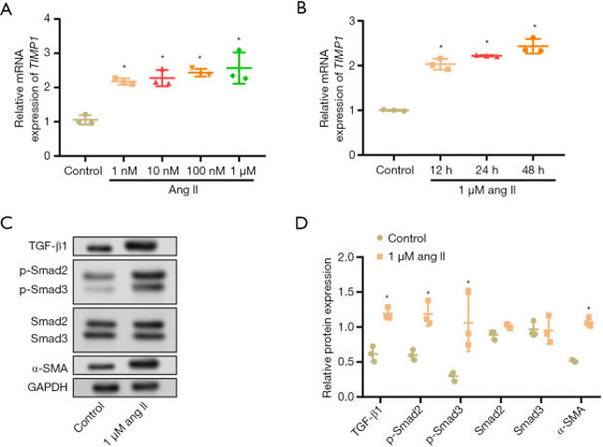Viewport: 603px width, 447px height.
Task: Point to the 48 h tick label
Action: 534,170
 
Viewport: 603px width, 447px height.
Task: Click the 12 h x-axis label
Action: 441,170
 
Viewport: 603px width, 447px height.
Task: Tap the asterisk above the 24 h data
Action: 487,42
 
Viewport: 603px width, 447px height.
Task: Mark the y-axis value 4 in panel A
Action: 57,19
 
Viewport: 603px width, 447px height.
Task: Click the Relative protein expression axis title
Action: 329,327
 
